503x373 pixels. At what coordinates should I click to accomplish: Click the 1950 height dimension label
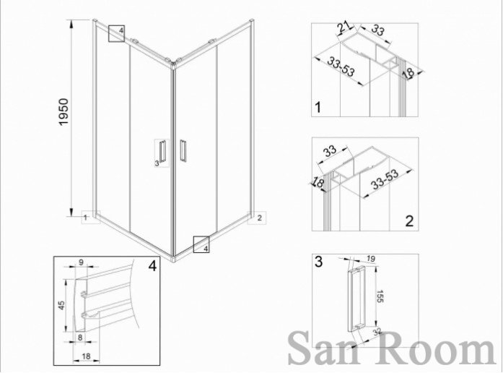click(x=64, y=112)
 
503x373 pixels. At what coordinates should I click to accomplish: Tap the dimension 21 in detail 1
click(x=344, y=28)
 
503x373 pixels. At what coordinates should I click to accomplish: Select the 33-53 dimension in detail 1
click(x=341, y=67)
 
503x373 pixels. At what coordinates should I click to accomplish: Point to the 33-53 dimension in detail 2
click(x=385, y=179)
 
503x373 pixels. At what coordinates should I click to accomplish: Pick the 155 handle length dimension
click(x=380, y=296)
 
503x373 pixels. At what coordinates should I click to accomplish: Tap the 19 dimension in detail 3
click(x=371, y=259)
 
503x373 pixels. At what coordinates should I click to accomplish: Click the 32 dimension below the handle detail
click(x=377, y=332)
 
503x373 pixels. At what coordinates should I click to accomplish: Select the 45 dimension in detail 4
click(x=61, y=305)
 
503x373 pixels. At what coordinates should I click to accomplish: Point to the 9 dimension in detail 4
click(x=81, y=262)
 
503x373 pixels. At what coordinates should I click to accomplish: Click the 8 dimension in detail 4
click(x=80, y=337)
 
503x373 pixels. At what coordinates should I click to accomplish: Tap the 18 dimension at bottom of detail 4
click(x=86, y=356)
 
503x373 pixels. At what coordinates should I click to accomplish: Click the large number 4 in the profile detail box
click(x=152, y=266)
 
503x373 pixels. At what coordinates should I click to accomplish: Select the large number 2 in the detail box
click(x=409, y=221)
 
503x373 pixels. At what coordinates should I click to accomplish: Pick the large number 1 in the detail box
click(x=318, y=107)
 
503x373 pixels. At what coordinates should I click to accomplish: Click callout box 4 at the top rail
click(x=116, y=33)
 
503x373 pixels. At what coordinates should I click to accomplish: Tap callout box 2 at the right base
click(x=257, y=218)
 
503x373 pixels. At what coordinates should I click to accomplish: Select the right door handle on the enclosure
click(x=183, y=150)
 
